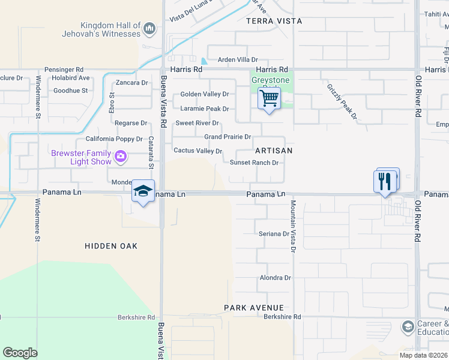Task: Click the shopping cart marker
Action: click(x=270, y=98)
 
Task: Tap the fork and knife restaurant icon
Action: click(x=384, y=181)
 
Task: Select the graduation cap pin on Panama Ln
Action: click(x=143, y=191)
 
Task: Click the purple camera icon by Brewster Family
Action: click(x=121, y=157)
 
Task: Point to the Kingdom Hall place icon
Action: click(x=149, y=29)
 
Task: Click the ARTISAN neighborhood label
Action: click(x=273, y=151)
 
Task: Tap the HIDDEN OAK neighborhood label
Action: click(x=111, y=246)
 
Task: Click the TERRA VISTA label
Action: click(x=274, y=21)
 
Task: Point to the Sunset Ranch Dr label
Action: click(x=254, y=163)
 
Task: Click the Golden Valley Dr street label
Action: click(x=205, y=94)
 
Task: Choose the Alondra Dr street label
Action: click(x=275, y=278)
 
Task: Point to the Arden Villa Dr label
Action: click(x=238, y=60)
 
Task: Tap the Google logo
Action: click(x=20, y=352)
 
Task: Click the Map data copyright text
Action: click(x=423, y=355)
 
